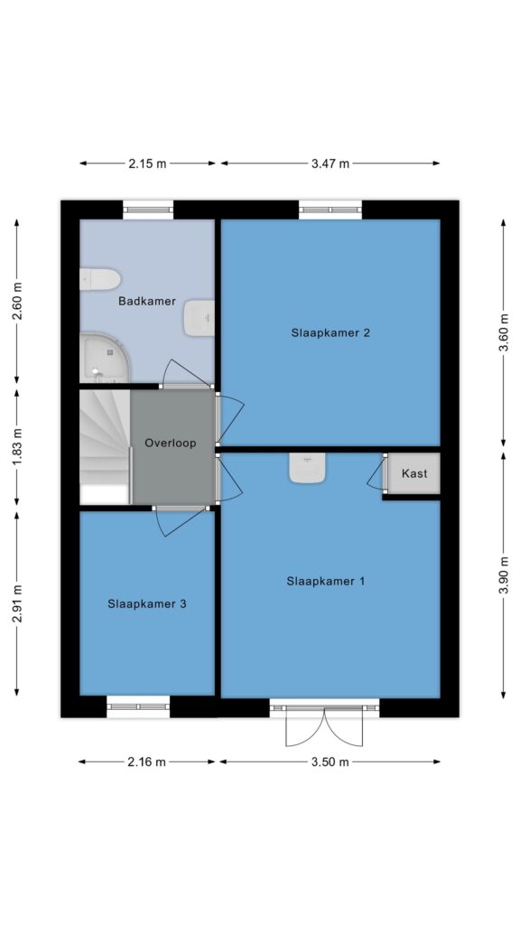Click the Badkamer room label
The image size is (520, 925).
tap(147, 302)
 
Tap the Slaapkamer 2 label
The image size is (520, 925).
tap(330, 332)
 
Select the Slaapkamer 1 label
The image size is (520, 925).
tap(326, 581)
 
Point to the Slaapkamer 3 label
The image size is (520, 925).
tap(147, 604)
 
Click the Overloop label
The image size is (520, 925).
tap(171, 443)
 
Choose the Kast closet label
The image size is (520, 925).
tap(413, 473)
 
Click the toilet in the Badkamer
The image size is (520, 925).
tap(100, 279)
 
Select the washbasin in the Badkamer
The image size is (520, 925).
tap(199, 319)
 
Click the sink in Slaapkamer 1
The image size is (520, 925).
tap(306, 468)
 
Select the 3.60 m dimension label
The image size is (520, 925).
tap(504, 332)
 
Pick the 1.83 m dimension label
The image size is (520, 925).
tap(16, 446)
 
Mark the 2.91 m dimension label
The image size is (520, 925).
tap(16, 603)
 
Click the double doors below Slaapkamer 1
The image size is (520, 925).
tap(324, 725)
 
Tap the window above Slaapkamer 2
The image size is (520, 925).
tap(330, 210)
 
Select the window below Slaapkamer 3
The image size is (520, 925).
tap(138, 706)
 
